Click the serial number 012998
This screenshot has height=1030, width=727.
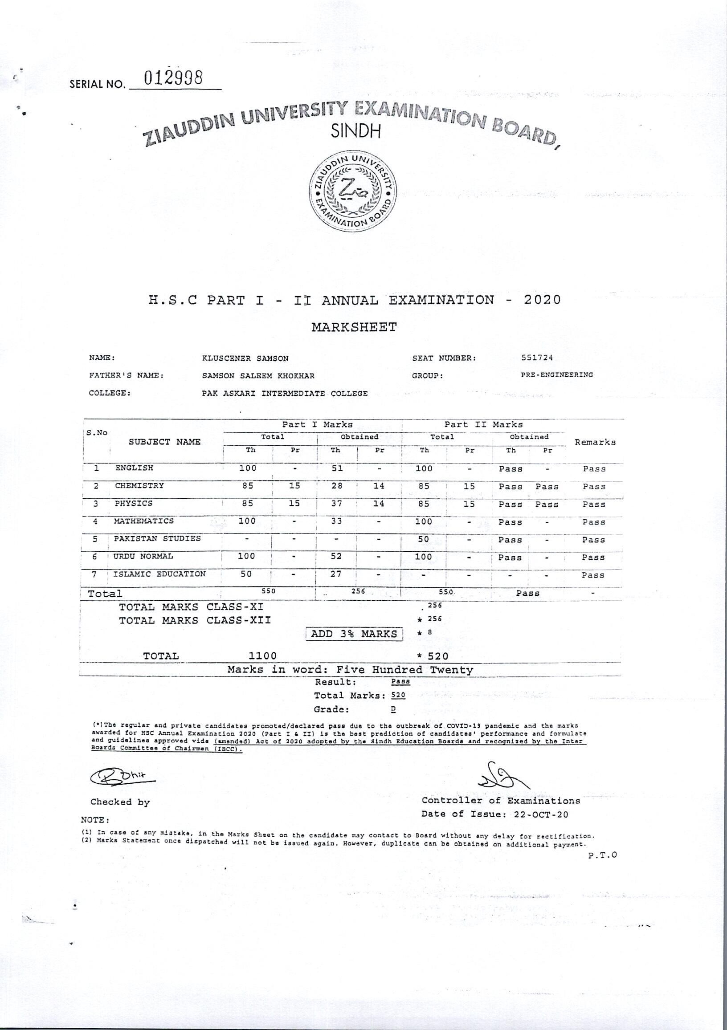pyautogui.click(x=174, y=78)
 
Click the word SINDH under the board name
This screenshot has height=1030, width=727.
pyautogui.click(x=355, y=131)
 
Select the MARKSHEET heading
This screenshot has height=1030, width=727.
pyautogui.click(x=354, y=327)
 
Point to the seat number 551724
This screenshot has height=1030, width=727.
pyautogui.click(x=537, y=358)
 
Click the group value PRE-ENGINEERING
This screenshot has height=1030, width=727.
pyautogui.click(x=556, y=375)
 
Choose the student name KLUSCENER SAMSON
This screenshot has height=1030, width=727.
pyautogui.click(x=245, y=358)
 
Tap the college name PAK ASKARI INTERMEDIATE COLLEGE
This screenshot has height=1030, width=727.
pyautogui.click(x=285, y=393)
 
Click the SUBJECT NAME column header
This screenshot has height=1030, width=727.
pyautogui.click(x=164, y=442)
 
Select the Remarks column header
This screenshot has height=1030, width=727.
pyautogui.click(x=595, y=442)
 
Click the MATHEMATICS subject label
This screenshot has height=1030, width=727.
pyautogui.click(x=143, y=521)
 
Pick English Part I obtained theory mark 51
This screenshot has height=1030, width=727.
pyautogui.click(x=337, y=468)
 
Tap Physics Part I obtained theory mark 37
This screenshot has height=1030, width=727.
pyautogui.click(x=337, y=503)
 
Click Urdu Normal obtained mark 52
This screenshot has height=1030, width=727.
pyautogui.click(x=336, y=556)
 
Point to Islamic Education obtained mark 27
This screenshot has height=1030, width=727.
pyautogui.click(x=336, y=574)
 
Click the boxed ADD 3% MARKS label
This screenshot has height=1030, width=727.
pyautogui.click(x=354, y=634)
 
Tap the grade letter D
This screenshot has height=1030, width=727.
pyautogui.click(x=393, y=709)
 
